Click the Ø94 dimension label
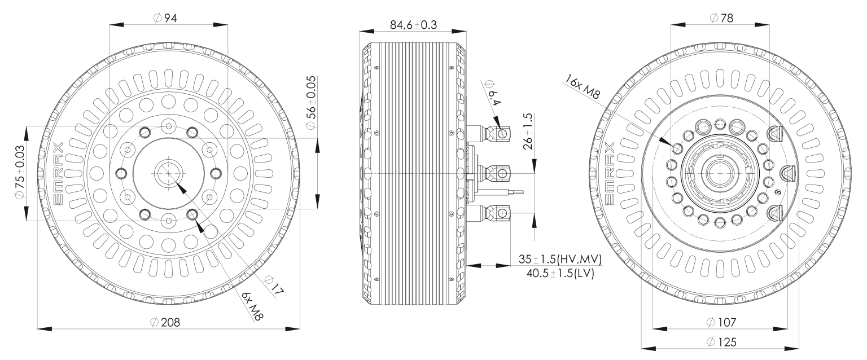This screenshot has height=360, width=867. pos(165,18)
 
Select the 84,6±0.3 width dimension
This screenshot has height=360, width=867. pos(413,25)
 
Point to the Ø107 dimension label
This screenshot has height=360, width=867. pos(721,322)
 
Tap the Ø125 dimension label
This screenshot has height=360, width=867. pos(721,342)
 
